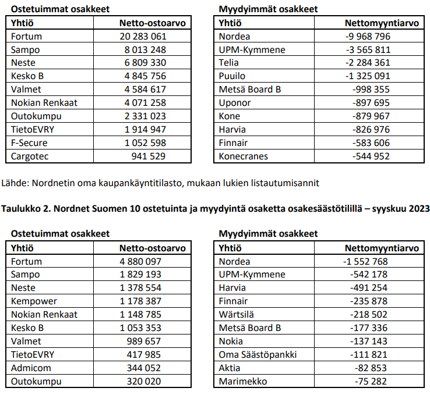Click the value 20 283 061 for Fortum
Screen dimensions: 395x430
coord(143,36)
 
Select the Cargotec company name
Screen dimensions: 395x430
coord(29,156)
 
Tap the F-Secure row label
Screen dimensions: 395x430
coord(29,143)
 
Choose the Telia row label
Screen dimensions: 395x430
coord(229,63)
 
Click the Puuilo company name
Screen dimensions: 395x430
coord(232,76)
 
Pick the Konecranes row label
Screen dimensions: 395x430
coord(244,156)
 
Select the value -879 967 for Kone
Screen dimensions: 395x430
coord(372,116)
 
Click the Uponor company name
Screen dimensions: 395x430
coord(235,102)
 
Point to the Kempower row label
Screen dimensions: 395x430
coord(31,301)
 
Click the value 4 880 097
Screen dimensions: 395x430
coord(140,261)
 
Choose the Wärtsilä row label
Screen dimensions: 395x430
coord(235,315)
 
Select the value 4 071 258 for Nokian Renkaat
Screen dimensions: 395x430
coord(143,102)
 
